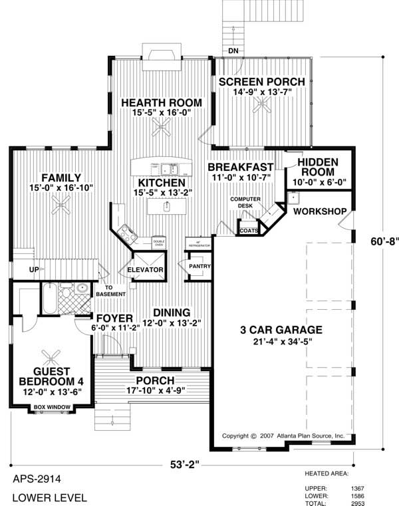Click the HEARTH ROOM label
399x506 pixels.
[x=159, y=102]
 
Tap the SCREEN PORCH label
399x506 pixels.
[x=262, y=82]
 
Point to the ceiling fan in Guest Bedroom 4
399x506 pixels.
[x=51, y=355]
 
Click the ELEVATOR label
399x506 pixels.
[x=146, y=270]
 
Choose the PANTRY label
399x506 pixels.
[x=199, y=267]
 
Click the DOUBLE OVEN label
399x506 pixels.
[x=158, y=243]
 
